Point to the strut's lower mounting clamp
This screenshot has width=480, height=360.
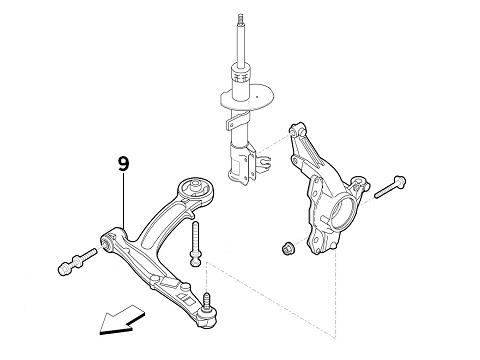point(243,165)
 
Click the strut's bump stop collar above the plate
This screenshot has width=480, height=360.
point(241,72)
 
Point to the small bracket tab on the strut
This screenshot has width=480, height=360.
point(235,121)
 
